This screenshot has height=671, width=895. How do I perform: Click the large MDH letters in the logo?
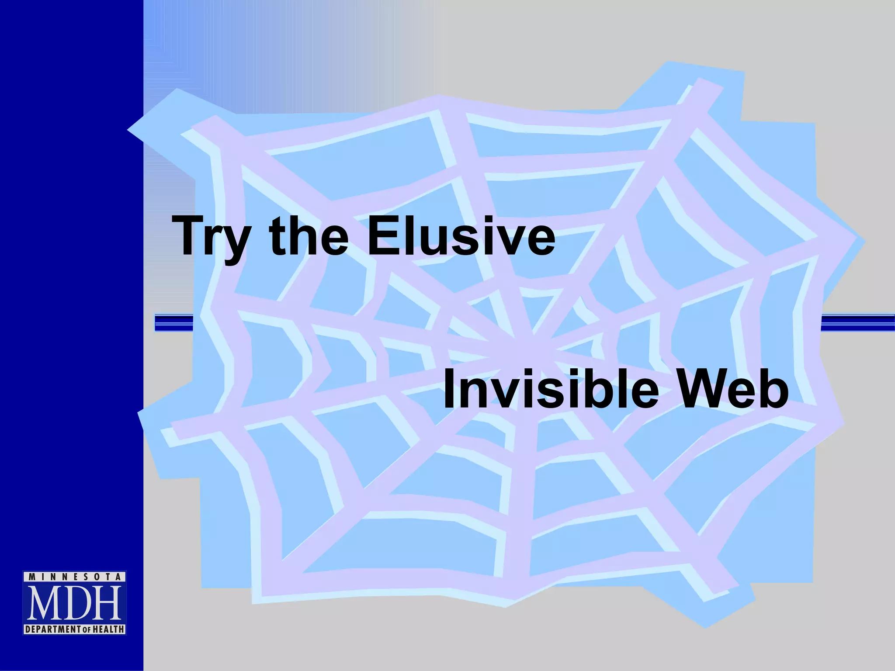(74, 603)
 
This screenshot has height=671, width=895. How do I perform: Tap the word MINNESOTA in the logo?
(74, 577)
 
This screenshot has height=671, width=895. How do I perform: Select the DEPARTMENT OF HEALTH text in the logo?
(74, 629)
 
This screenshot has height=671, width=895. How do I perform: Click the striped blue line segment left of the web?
(174, 323)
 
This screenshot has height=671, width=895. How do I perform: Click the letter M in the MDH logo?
(44, 603)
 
